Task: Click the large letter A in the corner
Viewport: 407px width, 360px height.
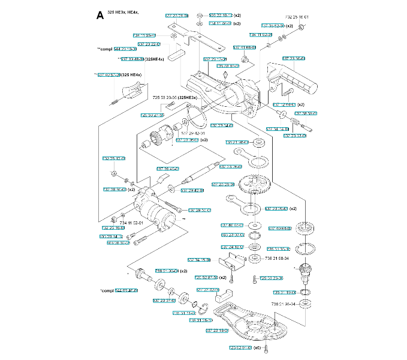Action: [100, 15]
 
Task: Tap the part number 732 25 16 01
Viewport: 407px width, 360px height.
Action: [297, 17]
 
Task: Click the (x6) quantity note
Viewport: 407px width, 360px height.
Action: [257, 348]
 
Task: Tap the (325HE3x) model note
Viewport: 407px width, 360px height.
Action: [188, 97]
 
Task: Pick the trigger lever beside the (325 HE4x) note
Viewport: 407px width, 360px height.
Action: [133, 90]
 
